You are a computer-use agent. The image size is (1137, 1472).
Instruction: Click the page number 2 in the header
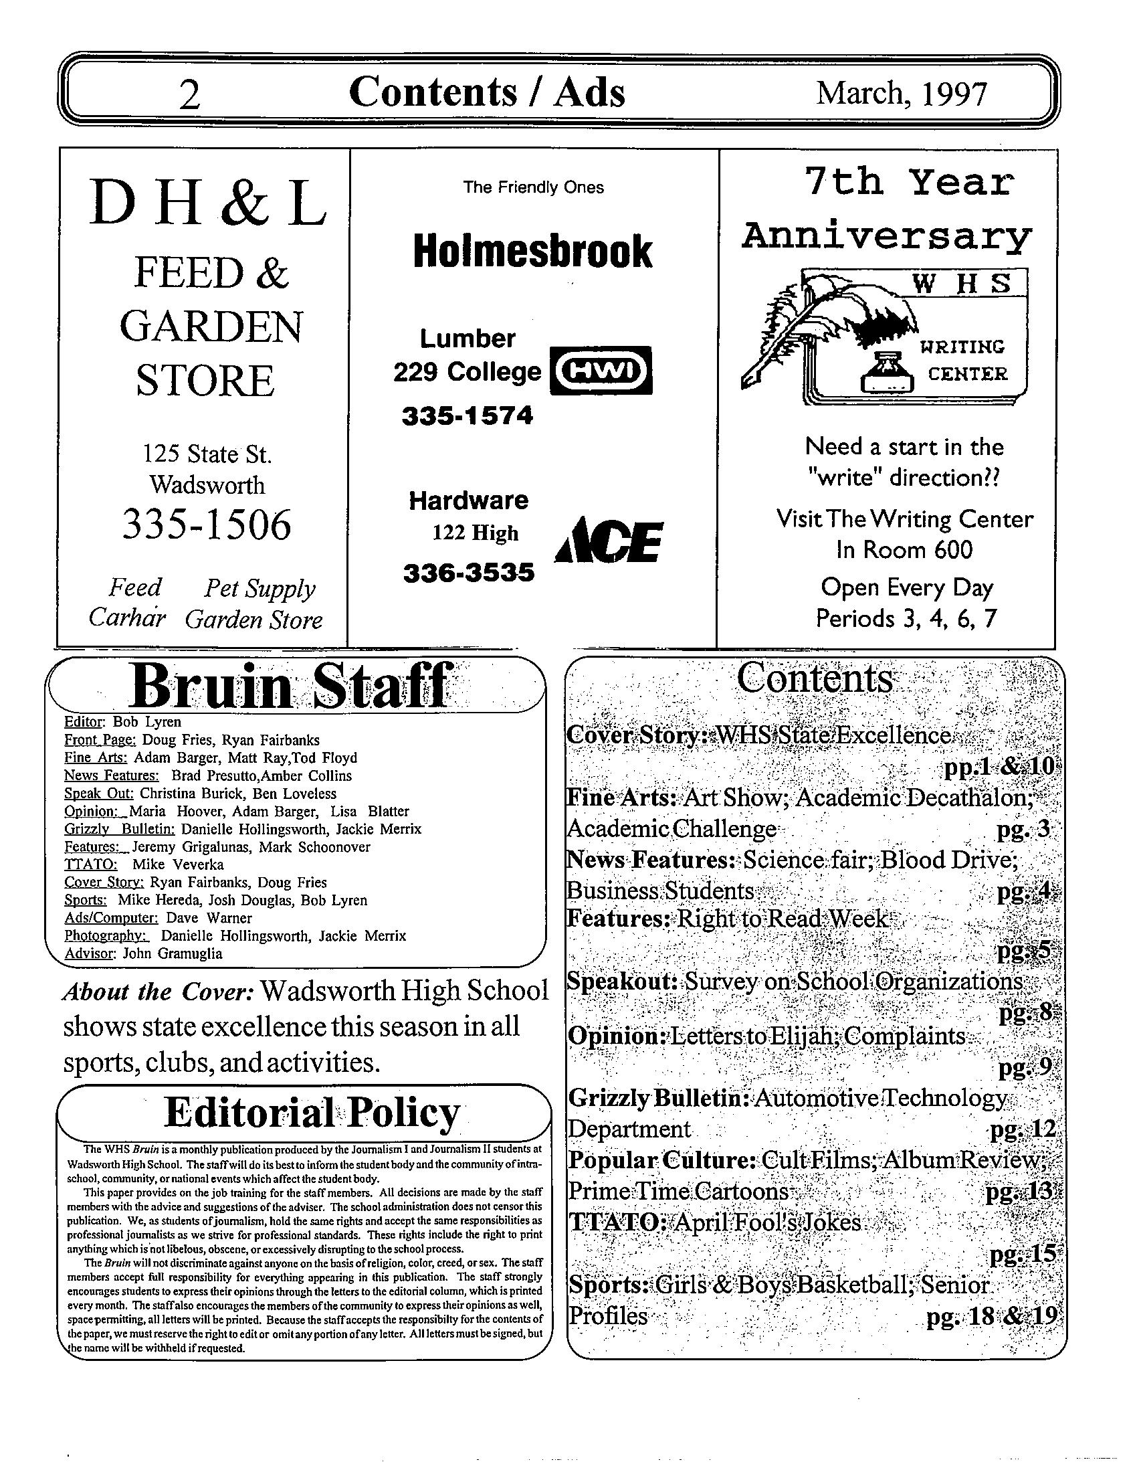click(190, 96)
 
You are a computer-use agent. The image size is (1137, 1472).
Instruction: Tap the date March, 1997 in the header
click(902, 93)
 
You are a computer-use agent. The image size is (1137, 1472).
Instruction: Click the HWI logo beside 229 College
click(601, 370)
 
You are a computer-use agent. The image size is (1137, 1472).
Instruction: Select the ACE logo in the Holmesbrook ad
click(608, 541)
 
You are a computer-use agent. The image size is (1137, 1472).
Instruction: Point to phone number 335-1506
click(207, 525)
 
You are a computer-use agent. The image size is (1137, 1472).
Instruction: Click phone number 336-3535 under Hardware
click(469, 573)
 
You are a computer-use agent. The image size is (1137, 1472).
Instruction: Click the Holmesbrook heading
click(532, 252)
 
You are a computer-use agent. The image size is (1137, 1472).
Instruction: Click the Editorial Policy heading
click(312, 1113)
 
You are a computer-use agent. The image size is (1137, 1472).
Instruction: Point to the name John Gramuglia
click(173, 953)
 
